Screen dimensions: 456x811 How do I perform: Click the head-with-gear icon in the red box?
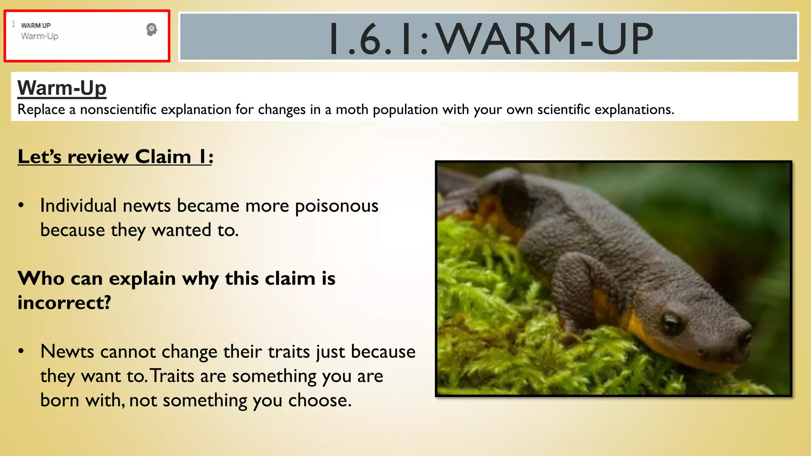coord(151,29)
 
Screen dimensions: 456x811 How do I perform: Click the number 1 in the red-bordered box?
coord(13,24)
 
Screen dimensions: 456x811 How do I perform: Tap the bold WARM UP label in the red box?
coord(36,25)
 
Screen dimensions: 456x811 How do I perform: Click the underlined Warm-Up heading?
coord(62,88)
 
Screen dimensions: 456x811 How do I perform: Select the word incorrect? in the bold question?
coord(64,303)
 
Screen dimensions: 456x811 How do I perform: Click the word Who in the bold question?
coord(41,279)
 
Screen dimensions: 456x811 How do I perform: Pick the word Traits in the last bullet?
coord(173,376)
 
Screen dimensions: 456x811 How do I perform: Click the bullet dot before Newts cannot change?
coord(21,351)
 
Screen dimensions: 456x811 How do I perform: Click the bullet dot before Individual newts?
coord(21,205)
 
